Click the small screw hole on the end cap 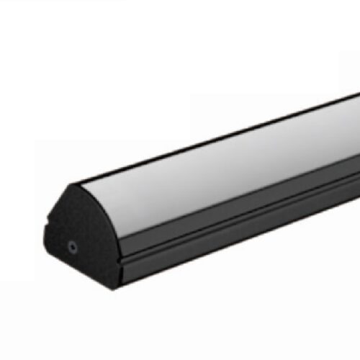(x=72, y=247)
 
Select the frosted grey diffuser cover (x=216, y=166)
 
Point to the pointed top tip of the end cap (x=72, y=186)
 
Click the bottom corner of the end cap (x=112, y=287)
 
